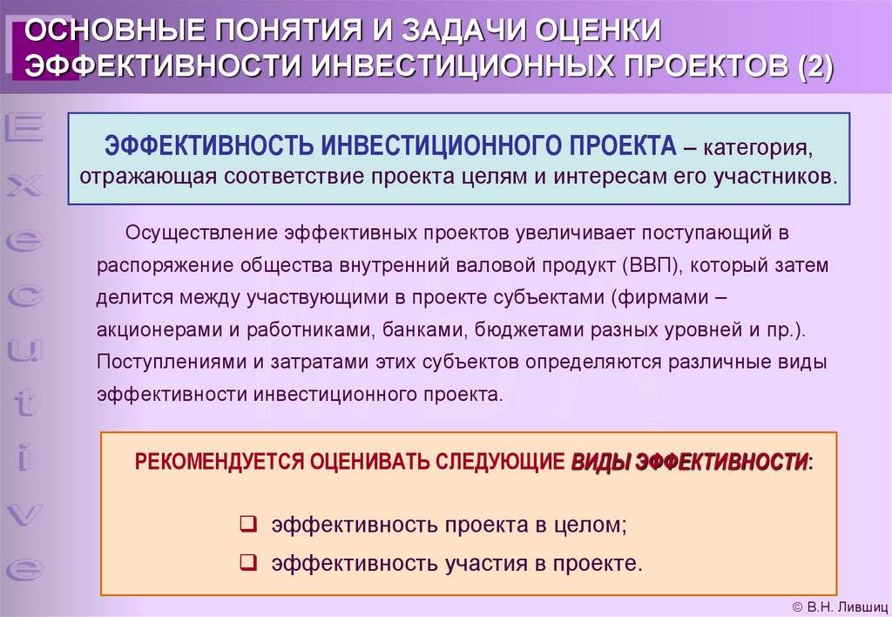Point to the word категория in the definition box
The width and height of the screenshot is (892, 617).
pyautogui.click(x=759, y=147)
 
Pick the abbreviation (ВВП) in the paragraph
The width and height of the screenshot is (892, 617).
pyautogui.click(x=652, y=266)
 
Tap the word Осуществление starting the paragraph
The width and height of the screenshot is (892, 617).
pyautogui.click(x=201, y=234)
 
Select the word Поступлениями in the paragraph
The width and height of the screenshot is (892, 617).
pyautogui.click(x=172, y=363)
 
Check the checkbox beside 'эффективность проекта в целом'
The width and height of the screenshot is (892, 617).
pyautogui.click(x=248, y=523)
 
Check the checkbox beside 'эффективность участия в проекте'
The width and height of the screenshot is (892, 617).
pyautogui.click(x=248, y=562)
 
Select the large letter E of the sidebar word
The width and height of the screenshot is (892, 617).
pyautogui.click(x=24, y=127)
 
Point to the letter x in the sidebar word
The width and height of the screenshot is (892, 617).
pyautogui.click(x=24, y=186)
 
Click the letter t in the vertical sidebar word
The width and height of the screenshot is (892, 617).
pyautogui.click(x=24, y=403)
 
